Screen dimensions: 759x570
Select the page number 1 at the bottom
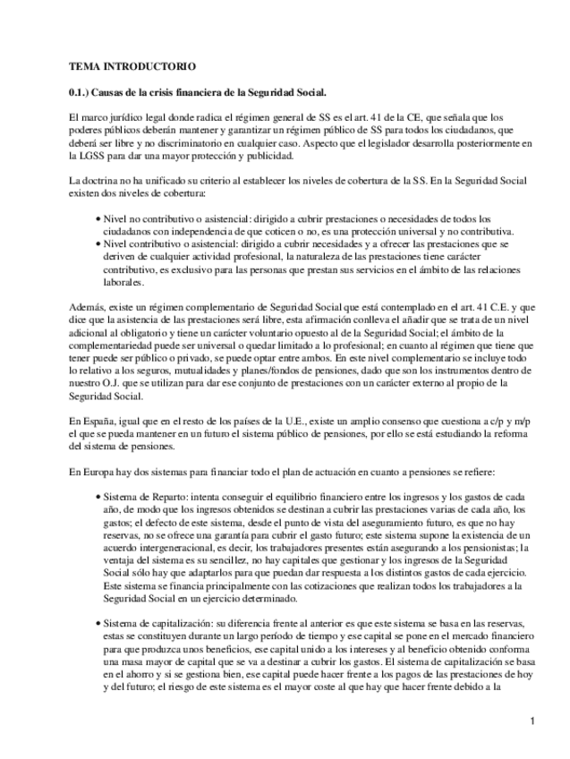pos(532,721)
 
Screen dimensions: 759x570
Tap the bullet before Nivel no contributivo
pos(98,218)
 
